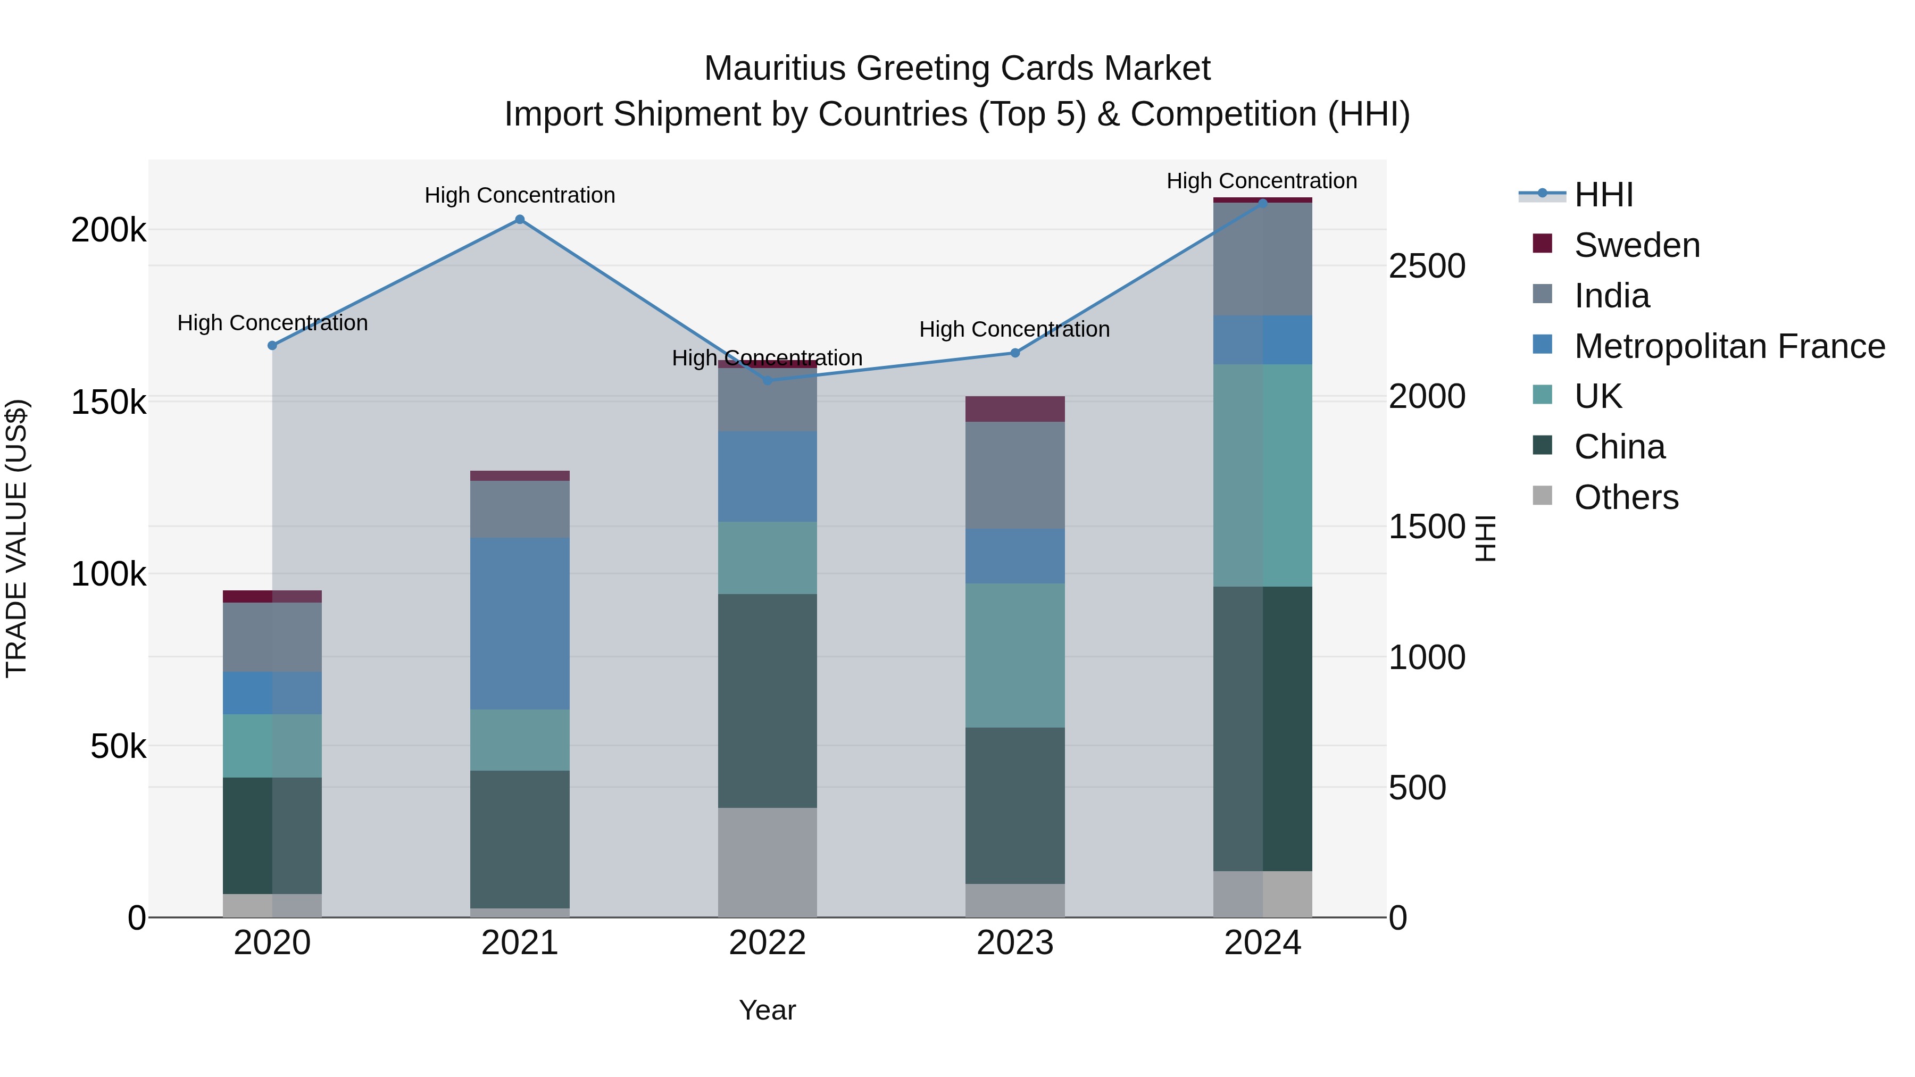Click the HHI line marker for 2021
click(x=520, y=219)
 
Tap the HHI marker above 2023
click(x=1015, y=353)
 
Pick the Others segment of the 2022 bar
click(x=767, y=862)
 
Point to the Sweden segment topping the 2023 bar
click(x=1015, y=409)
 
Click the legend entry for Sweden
click(x=1636, y=245)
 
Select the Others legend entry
click(x=1626, y=497)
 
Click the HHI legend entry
click(x=1603, y=195)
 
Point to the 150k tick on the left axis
click(x=109, y=403)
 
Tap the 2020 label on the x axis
click(x=272, y=943)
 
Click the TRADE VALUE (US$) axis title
click(x=16, y=538)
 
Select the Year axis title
click(x=767, y=1010)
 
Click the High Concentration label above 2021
click(x=520, y=196)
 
